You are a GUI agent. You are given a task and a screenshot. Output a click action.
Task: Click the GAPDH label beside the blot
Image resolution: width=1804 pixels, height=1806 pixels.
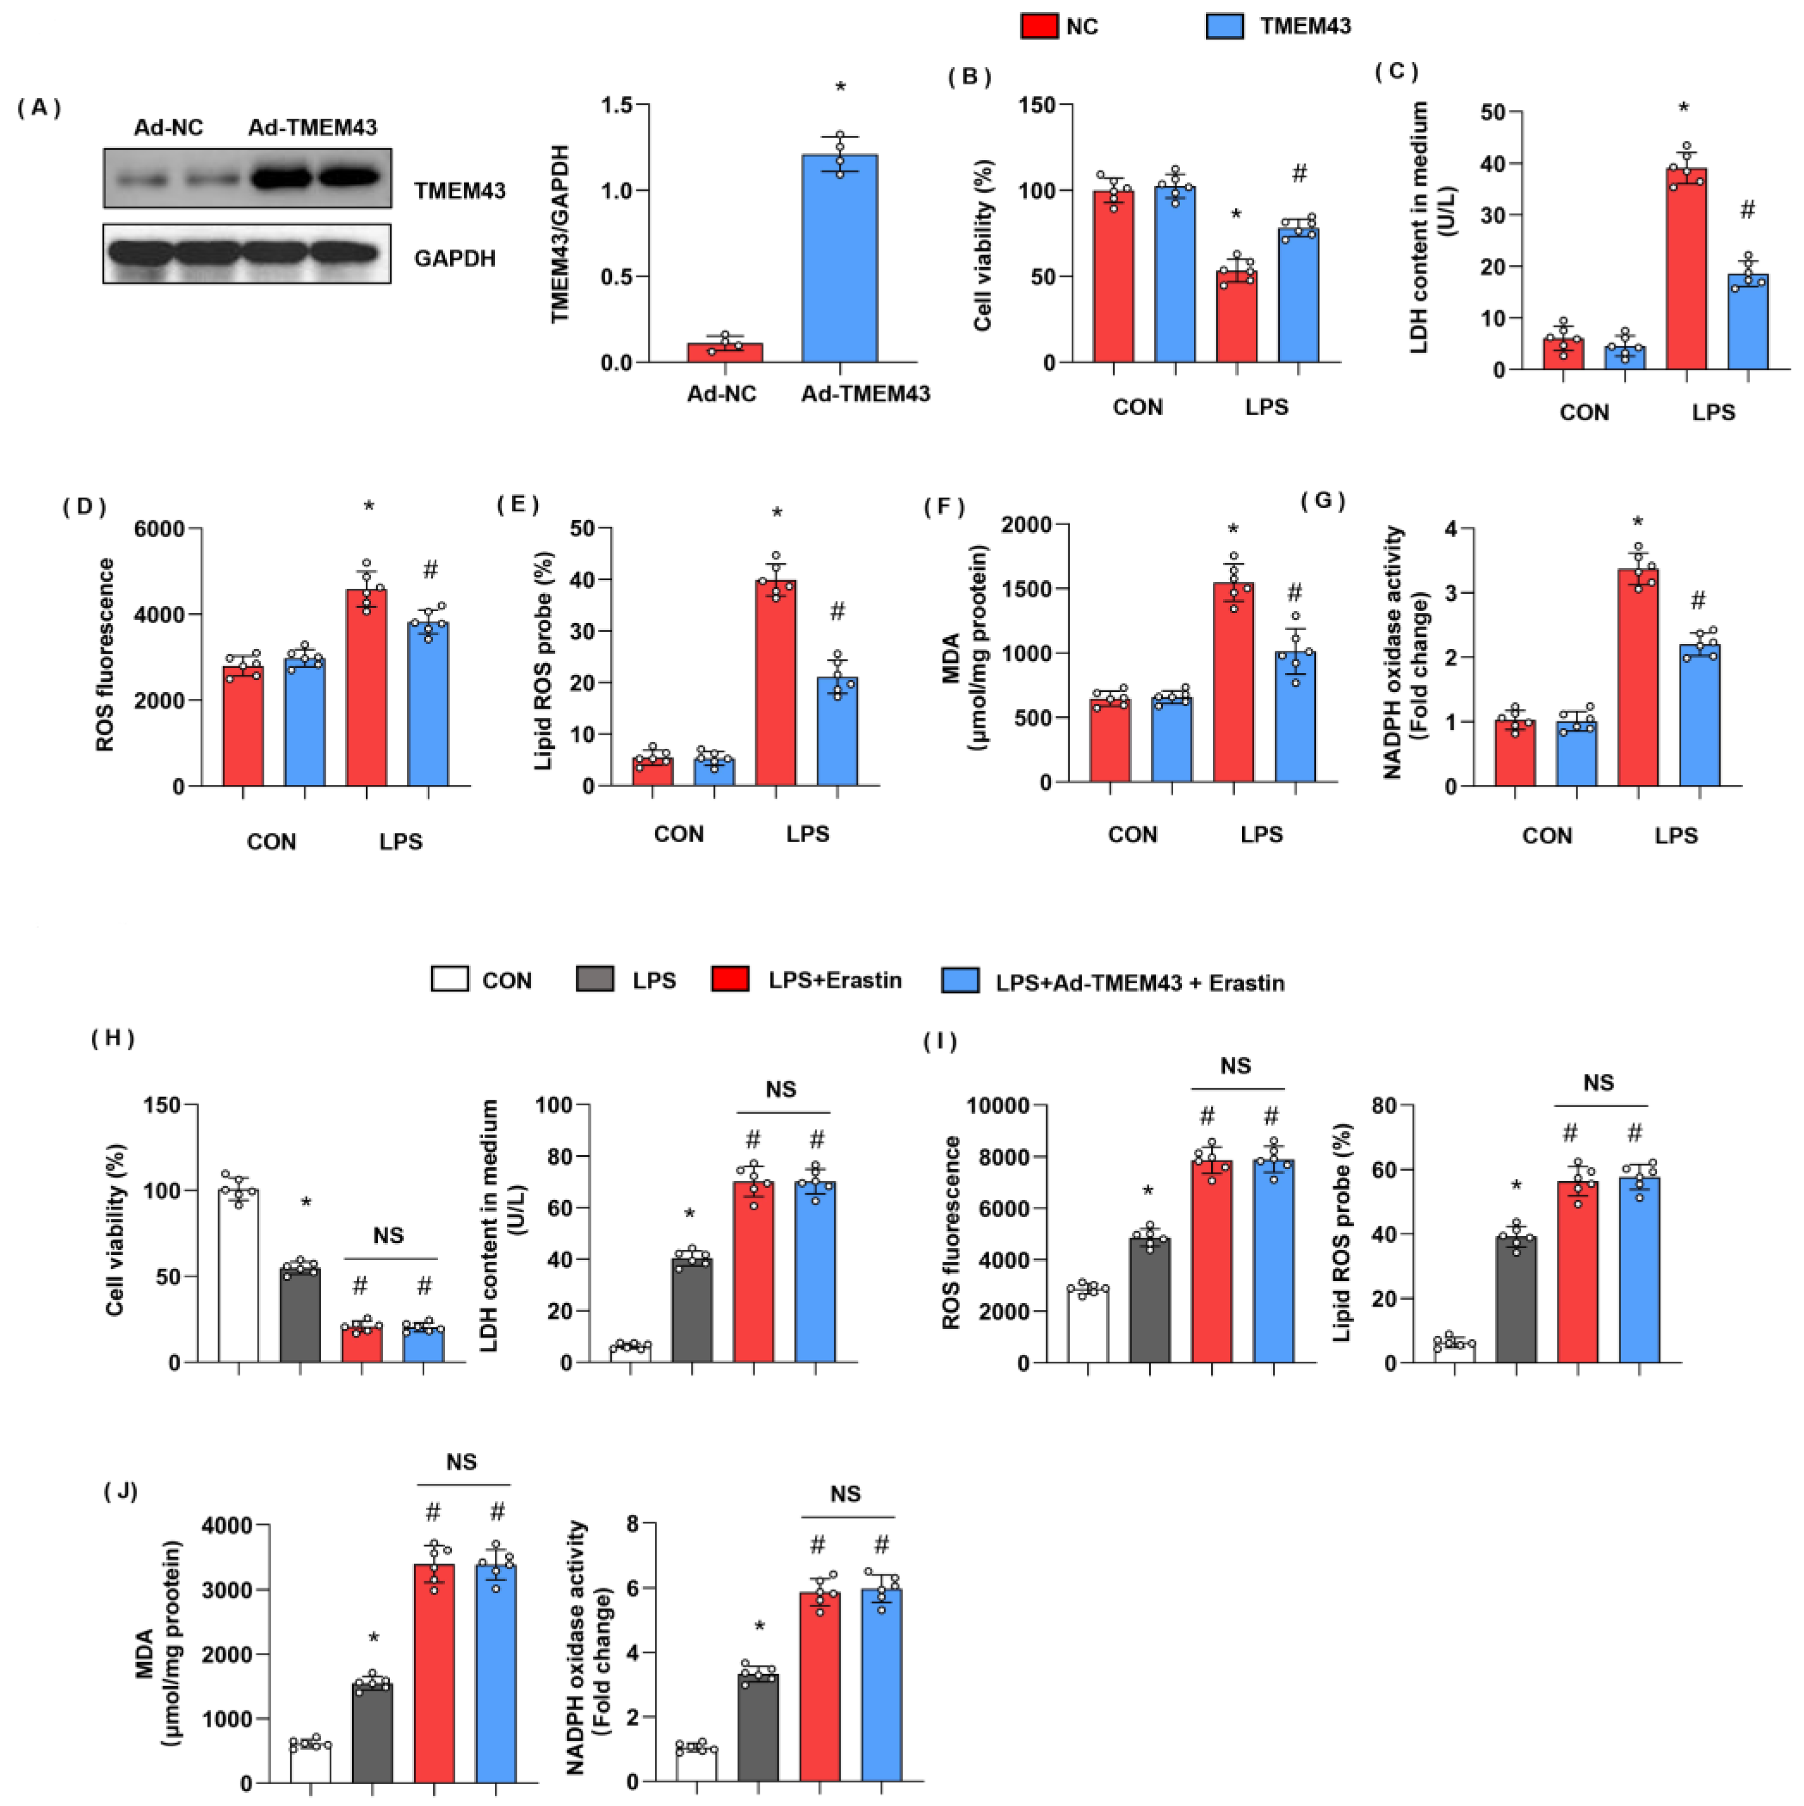[x=454, y=258]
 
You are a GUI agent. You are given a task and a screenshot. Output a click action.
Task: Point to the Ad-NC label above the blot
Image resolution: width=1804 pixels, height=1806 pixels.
[x=168, y=127]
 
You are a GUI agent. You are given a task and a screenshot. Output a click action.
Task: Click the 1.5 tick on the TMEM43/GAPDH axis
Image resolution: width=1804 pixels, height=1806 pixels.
[x=615, y=105]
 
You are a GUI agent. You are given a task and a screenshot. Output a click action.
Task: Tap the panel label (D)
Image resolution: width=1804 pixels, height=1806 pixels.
[x=84, y=507]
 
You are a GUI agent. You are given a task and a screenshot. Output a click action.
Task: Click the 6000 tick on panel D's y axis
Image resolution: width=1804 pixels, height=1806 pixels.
[x=159, y=529]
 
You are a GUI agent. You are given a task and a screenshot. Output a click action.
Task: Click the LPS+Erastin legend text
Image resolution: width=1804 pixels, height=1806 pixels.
[x=835, y=980]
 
